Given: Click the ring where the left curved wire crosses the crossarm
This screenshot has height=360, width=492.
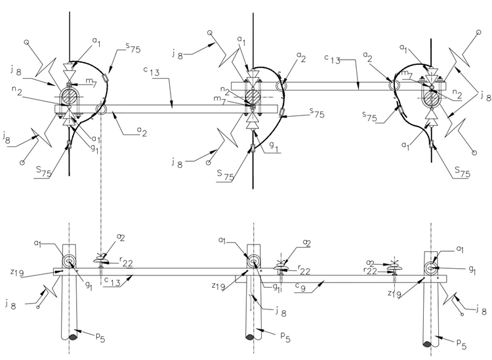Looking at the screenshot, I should point(100,109).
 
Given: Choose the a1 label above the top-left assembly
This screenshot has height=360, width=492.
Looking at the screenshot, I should point(96,41).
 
